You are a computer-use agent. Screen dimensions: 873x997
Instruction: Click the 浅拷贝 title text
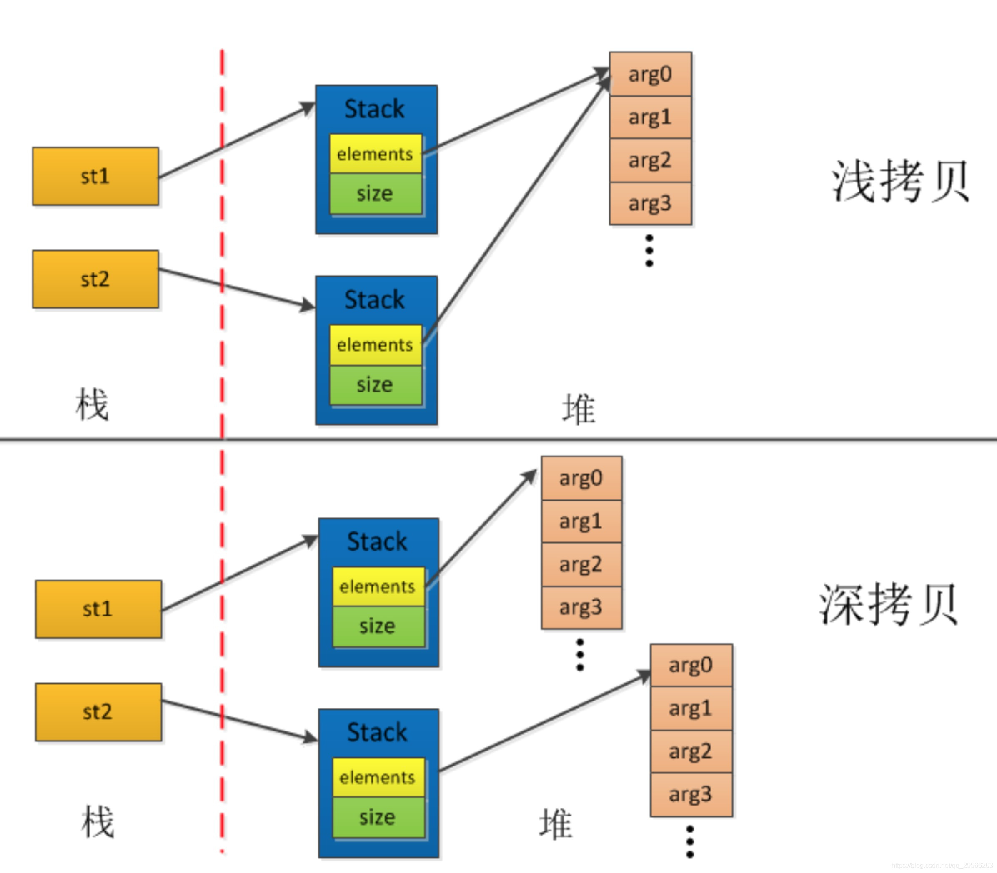tap(900, 181)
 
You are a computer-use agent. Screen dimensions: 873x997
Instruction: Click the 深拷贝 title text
tap(888, 604)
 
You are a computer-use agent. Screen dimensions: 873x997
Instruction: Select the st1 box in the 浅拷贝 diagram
tap(95, 176)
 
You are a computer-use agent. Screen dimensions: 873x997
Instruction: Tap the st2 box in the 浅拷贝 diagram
tap(95, 279)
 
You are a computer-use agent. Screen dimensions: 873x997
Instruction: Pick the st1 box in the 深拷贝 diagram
tap(98, 609)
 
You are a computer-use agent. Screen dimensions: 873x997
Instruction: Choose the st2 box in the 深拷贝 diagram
tap(98, 712)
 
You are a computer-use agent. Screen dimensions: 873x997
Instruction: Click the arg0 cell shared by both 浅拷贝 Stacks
tap(650, 74)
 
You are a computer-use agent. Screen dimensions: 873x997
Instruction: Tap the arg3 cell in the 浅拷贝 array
tap(650, 203)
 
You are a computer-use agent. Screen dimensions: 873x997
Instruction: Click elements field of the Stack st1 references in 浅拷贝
tap(375, 154)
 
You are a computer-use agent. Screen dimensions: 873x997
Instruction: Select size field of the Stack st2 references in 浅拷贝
tap(375, 385)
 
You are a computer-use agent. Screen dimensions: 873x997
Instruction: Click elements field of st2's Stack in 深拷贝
tap(378, 777)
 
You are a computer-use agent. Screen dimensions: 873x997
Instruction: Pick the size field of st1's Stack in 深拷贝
tap(378, 626)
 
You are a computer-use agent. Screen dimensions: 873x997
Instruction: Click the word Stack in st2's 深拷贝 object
tap(377, 732)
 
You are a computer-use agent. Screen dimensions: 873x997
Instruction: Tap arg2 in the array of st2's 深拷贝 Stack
tap(691, 751)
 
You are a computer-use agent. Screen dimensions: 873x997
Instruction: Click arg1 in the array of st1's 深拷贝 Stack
tap(581, 521)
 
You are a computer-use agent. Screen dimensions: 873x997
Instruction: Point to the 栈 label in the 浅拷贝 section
tap(92, 404)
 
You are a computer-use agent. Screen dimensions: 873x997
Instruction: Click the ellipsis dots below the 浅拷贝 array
tap(649, 250)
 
